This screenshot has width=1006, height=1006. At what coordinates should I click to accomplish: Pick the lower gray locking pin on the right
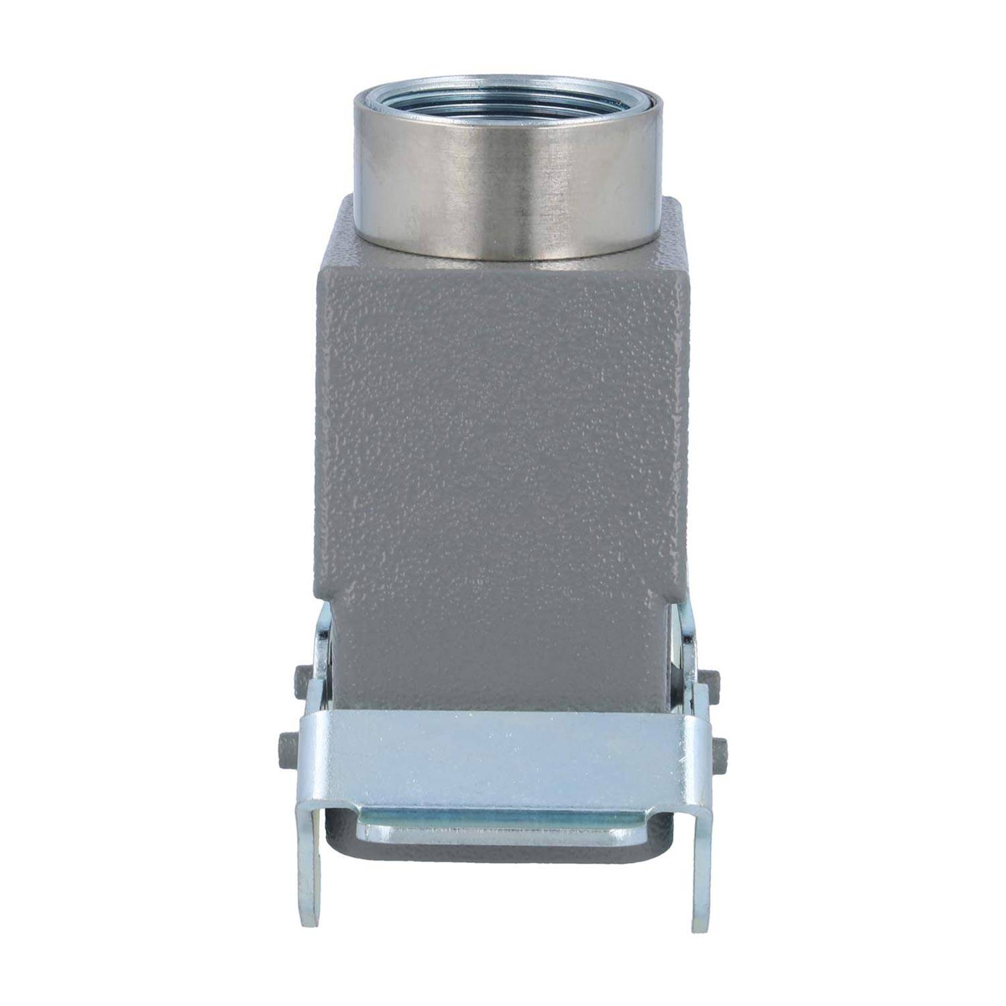[x=720, y=747]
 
